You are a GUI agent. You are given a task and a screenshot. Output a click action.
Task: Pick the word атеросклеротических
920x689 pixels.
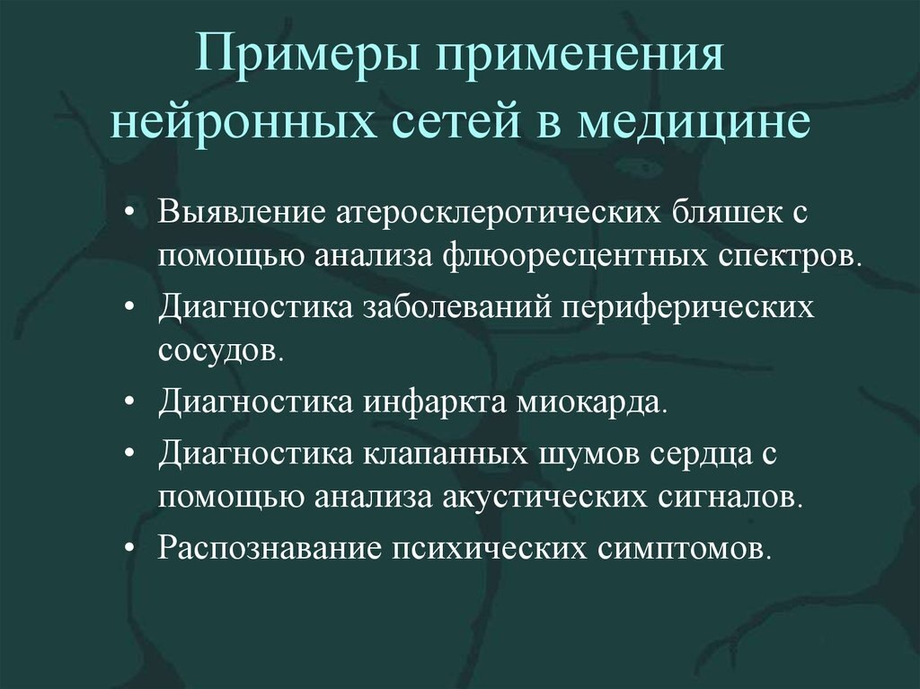point(501,216)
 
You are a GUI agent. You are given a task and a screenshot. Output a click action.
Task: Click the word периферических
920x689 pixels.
point(689,307)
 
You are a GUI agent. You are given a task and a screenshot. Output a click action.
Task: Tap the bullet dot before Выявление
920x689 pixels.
point(131,216)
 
